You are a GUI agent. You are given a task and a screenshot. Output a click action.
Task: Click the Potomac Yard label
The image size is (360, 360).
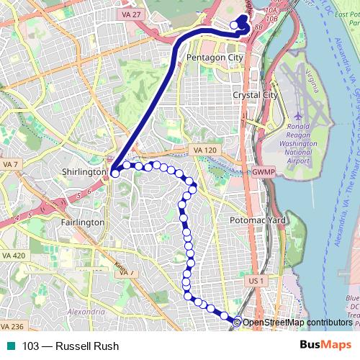[x=257, y=220]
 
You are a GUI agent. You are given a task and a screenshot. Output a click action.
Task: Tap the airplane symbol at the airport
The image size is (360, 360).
[x=298, y=115]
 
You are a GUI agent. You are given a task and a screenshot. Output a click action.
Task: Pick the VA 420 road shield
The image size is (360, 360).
[x=14, y=256]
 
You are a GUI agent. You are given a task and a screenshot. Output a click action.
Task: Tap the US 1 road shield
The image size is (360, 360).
[x=256, y=279]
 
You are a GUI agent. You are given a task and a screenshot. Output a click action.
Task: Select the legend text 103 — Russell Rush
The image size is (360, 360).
[x=71, y=346]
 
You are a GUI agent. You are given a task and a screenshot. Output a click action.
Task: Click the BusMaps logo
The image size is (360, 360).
[x=325, y=346]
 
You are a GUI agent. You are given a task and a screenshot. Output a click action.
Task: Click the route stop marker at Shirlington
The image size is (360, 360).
[x=114, y=174]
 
